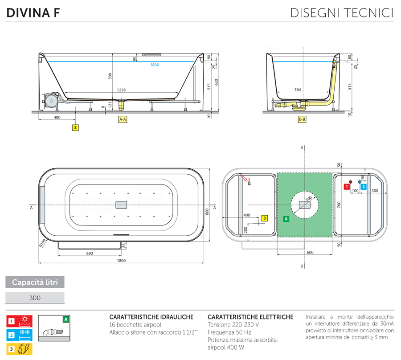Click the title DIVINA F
click(x=33, y=13)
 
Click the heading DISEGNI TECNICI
click(x=342, y=13)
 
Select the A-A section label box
click(x=123, y=119)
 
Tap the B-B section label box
click(x=302, y=119)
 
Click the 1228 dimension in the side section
click(x=121, y=90)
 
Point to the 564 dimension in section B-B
click(x=298, y=90)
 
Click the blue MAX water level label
click(x=155, y=65)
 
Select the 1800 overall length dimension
click(x=121, y=261)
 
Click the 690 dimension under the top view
click(x=89, y=253)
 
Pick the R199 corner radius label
click(x=42, y=243)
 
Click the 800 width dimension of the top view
click(x=207, y=212)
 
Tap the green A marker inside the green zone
click(x=286, y=219)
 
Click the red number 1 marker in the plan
click(x=345, y=187)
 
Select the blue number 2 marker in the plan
click(x=364, y=187)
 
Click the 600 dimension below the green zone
click(x=310, y=253)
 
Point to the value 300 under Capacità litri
click(x=35, y=298)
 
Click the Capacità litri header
click(x=35, y=282)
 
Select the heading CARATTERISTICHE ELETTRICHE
click(x=250, y=317)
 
